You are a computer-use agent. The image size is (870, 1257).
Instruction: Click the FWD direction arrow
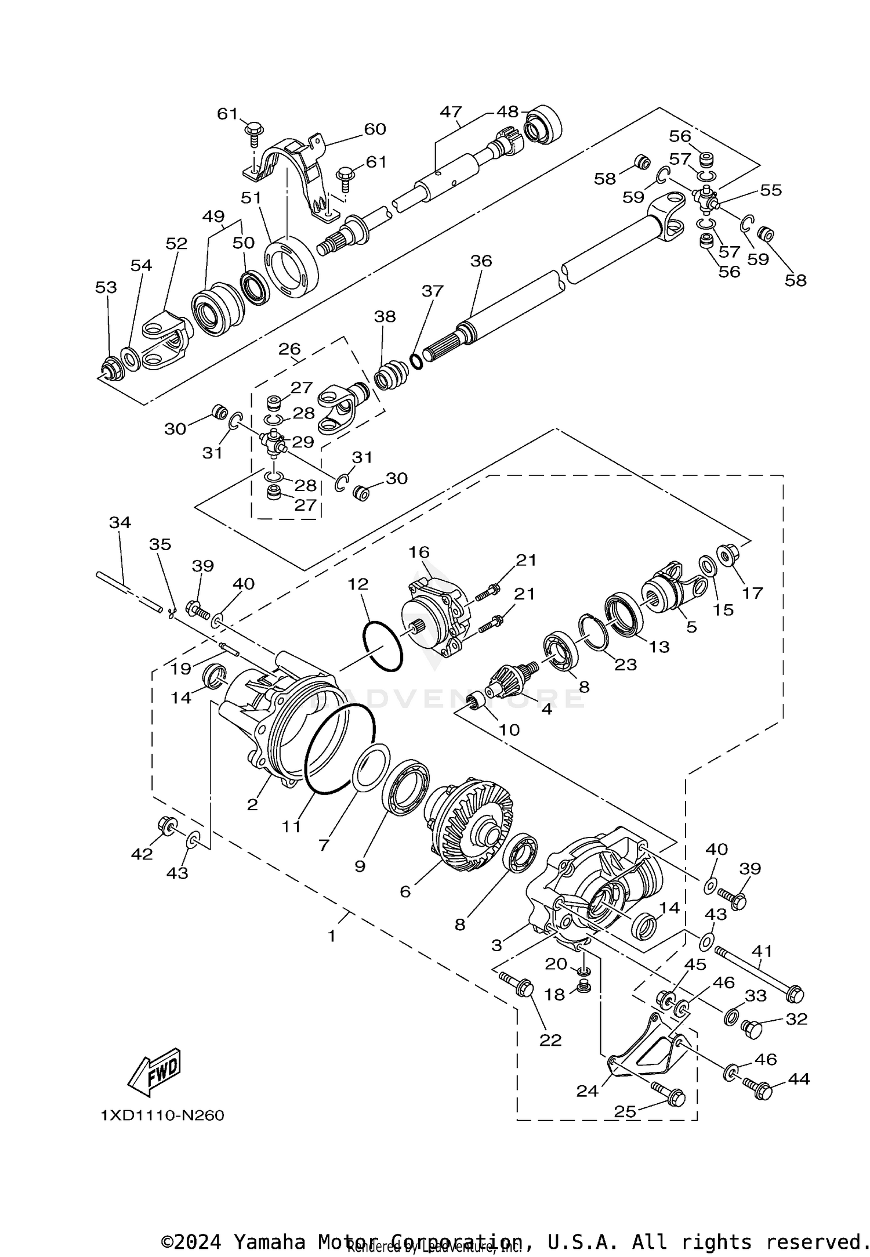click(x=155, y=1072)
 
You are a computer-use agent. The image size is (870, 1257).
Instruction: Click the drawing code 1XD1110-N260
click(x=162, y=1115)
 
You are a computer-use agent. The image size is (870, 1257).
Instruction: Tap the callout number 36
click(x=481, y=261)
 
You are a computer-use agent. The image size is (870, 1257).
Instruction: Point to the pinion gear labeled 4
click(x=509, y=679)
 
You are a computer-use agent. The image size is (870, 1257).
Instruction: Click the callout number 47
click(x=451, y=112)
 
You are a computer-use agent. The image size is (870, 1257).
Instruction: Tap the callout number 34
click(x=120, y=522)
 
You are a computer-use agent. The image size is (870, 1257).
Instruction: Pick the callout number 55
click(x=771, y=190)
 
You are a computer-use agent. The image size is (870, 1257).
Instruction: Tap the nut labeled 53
click(x=110, y=369)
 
